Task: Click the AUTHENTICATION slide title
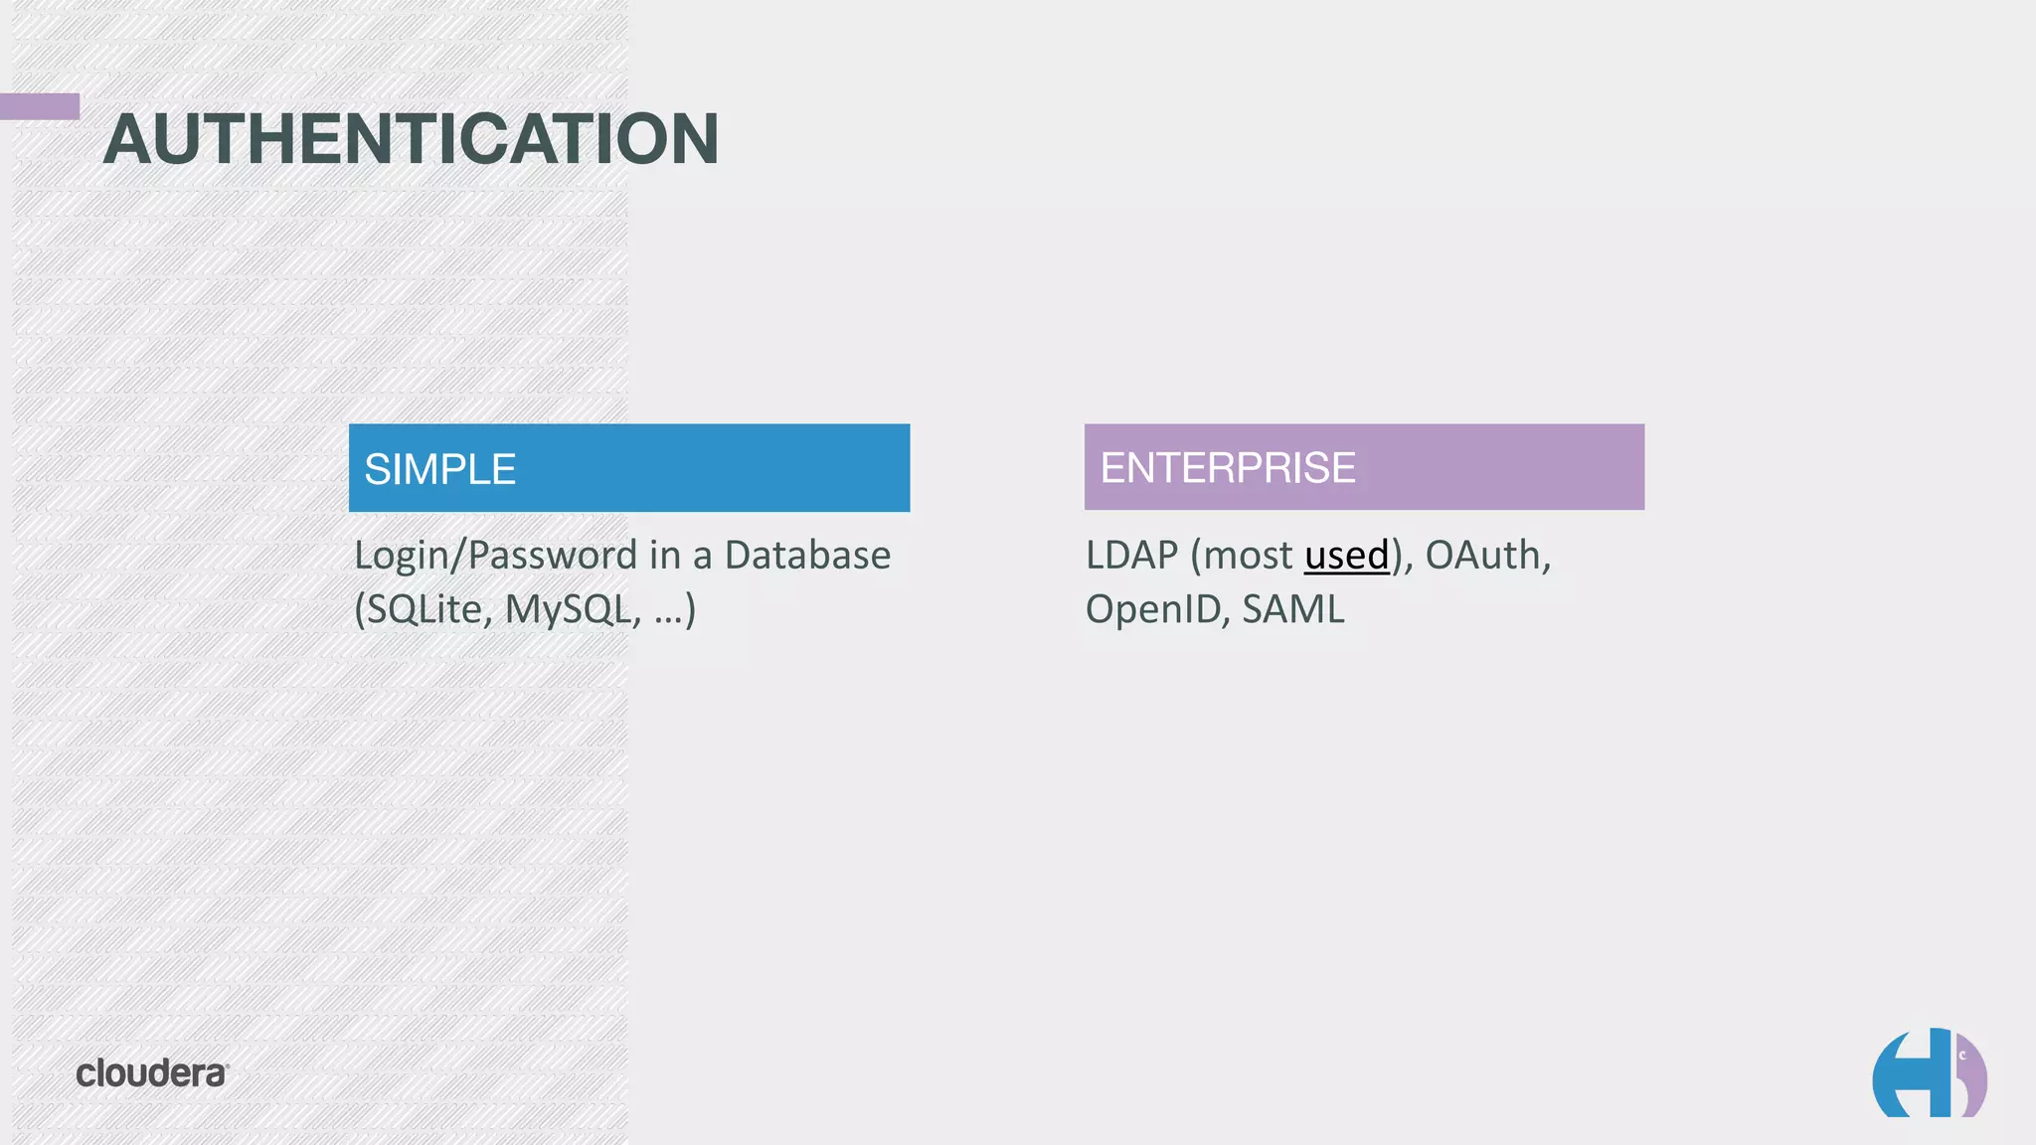pyautogui.click(x=411, y=139)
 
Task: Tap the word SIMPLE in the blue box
pyautogui.click(x=439, y=469)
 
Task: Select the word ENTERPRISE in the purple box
pyautogui.click(x=1228, y=468)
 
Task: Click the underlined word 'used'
pyautogui.click(x=1346, y=556)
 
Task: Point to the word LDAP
pyautogui.click(x=1131, y=556)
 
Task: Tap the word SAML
pyautogui.click(x=1292, y=610)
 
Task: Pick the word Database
pyautogui.click(x=807, y=556)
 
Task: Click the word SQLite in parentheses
pyautogui.click(x=424, y=610)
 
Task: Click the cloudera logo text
pyautogui.click(x=152, y=1073)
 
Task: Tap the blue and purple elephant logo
pyautogui.click(x=1929, y=1073)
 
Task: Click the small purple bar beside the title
pyautogui.click(x=40, y=106)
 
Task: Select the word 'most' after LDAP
pyautogui.click(x=1248, y=556)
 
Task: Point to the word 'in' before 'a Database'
pyautogui.click(x=664, y=556)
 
